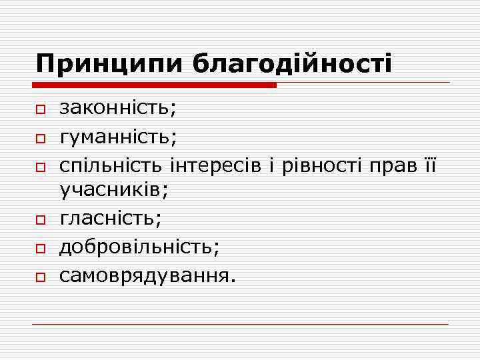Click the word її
(x=426, y=163)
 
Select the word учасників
(x=113, y=190)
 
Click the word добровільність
(x=137, y=245)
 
